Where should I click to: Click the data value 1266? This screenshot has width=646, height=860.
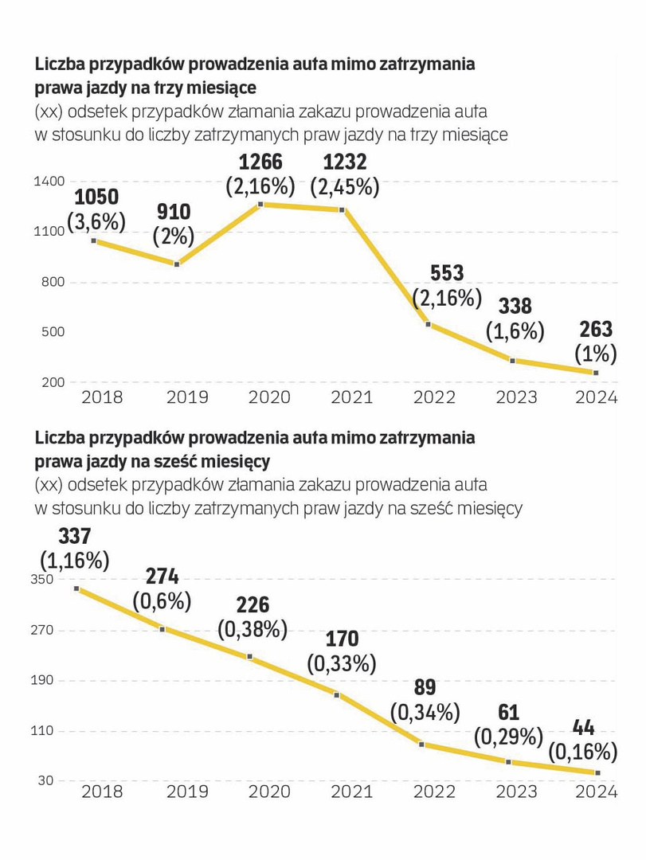(x=260, y=162)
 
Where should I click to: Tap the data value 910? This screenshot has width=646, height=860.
(x=174, y=212)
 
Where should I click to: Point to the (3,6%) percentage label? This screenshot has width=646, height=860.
(x=96, y=222)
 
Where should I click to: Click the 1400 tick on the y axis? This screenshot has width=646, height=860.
(x=48, y=182)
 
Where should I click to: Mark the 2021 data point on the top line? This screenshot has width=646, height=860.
(x=342, y=210)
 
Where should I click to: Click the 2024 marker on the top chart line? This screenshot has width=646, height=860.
(x=596, y=373)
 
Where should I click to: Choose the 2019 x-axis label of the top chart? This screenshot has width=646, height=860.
(x=187, y=397)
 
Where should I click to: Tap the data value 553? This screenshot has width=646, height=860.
(x=447, y=273)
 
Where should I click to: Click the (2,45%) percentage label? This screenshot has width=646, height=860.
(x=345, y=187)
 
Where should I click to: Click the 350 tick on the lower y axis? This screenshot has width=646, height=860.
(x=42, y=580)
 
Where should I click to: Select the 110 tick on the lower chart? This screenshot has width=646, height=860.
(x=42, y=730)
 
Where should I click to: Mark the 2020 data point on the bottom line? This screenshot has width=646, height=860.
(x=250, y=657)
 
